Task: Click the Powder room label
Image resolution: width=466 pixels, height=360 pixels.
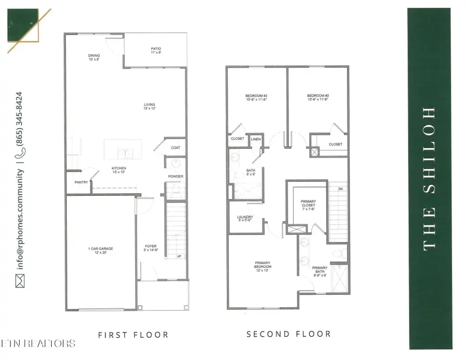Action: coord(176,177)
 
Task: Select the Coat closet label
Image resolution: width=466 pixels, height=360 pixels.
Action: coord(176,148)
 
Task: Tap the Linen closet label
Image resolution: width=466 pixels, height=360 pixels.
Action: coord(256,139)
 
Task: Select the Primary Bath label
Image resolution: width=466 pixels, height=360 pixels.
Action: coord(319,270)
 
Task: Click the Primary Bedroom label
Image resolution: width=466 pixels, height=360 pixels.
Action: coord(263,265)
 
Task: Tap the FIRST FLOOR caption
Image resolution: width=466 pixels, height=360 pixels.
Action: coord(134,335)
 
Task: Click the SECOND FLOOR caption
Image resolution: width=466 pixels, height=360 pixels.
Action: coord(288,334)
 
